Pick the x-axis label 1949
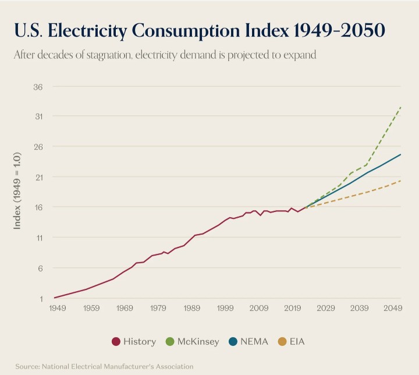coord(58,307)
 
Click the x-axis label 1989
coord(192,307)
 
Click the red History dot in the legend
coord(116,342)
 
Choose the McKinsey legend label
coord(198,342)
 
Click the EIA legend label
coord(296,342)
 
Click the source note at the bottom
coord(104,366)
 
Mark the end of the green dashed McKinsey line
coord(401,107)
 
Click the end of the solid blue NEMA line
coord(401,154)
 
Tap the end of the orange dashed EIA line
coord(401,181)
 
